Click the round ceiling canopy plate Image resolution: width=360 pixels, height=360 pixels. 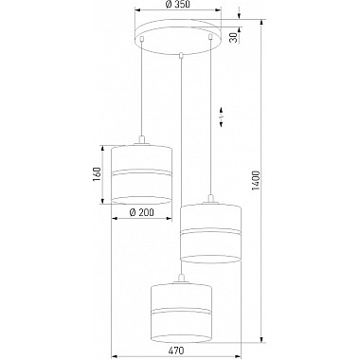click(x=178, y=39)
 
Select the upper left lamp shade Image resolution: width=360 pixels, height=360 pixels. click(x=140, y=172)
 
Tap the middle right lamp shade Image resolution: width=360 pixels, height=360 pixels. click(x=207, y=232)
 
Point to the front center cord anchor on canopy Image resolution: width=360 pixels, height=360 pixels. click(x=179, y=54)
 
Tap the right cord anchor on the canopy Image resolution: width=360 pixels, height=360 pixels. click(x=207, y=39)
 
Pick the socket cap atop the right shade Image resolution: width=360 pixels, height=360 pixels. click(x=207, y=200)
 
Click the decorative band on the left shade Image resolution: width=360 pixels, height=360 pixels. click(x=140, y=175)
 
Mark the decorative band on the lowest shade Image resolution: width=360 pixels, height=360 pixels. click(x=178, y=311)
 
